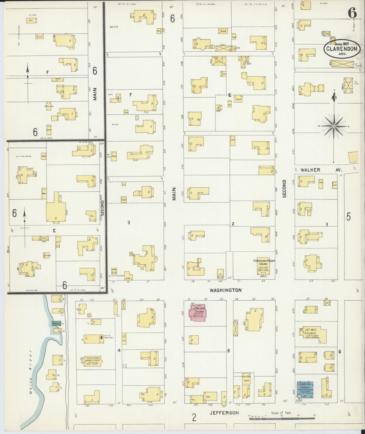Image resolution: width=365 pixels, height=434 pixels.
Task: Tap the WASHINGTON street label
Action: click(x=226, y=290)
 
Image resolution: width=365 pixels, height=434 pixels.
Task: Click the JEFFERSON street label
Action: click(x=224, y=413)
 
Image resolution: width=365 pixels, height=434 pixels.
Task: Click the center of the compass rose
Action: click(x=334, y=126)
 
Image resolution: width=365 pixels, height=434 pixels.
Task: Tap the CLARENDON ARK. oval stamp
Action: click(x=342, y=48)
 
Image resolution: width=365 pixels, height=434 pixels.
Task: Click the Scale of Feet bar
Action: click(x=282, y=419)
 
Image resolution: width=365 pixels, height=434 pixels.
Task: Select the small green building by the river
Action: click(x=56, y=323)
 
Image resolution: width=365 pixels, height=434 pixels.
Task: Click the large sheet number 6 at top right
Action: click(x=352, y=13)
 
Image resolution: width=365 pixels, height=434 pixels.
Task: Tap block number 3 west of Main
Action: click(x=129, y=223)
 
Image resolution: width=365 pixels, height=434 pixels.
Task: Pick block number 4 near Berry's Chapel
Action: click(x=119, y=351)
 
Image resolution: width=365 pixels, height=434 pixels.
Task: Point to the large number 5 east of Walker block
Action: click(x=348, y=217)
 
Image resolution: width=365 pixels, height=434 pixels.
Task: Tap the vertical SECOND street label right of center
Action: click(x=284, y=188)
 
